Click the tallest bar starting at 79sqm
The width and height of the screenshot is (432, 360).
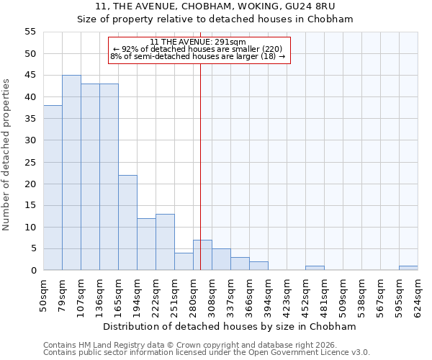click(71, 173)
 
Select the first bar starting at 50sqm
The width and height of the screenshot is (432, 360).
click(53, 188)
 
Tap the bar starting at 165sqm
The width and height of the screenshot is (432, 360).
click(127, 222)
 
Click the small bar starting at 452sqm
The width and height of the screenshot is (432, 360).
click(315, 268)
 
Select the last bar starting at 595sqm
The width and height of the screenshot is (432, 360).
click(408, 268)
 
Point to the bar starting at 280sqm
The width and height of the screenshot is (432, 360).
click(202, 255)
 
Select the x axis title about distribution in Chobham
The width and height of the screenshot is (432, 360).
click(235, 327)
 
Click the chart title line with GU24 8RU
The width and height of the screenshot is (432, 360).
click(215, 6)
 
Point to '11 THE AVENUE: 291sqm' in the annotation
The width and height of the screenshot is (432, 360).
click(198, 42)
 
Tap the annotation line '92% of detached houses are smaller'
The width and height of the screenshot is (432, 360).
click(198, 49)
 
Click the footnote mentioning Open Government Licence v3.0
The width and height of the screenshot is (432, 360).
click(207, 353)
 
